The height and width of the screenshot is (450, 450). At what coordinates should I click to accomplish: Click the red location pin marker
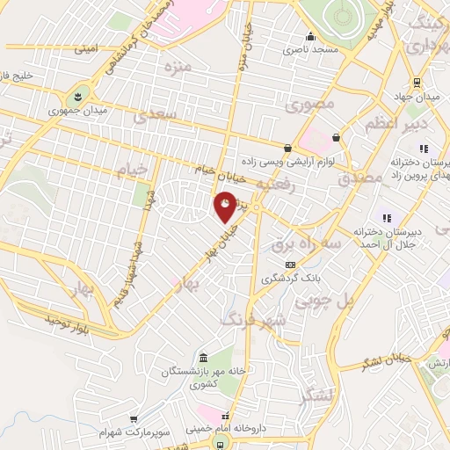tap(226, 206)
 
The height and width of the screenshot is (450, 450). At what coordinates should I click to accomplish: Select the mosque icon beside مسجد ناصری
tap(309, 37)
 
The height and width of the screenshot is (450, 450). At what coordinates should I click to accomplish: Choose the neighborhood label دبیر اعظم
tap(382, 125)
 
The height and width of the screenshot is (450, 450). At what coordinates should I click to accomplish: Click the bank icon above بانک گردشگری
tap(289, 265)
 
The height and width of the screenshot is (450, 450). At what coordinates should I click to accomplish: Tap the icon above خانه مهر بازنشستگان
tap(203, 359)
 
